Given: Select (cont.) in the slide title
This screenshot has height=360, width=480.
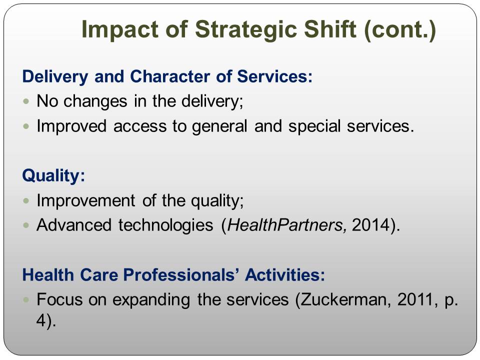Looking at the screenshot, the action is click(400, 30).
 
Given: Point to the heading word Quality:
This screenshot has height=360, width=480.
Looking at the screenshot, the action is click(53, 176).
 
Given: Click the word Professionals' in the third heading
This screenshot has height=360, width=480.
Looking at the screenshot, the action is click(181, 274).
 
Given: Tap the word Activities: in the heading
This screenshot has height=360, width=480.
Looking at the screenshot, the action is click(284, 274).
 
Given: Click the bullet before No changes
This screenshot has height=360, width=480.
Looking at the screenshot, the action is click(26, 101).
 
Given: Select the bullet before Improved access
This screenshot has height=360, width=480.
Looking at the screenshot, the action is click(26, 126).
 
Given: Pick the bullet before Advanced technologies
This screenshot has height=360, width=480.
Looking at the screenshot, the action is click(26, 225).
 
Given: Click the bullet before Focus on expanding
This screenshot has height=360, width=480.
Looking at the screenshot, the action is click(26, 299).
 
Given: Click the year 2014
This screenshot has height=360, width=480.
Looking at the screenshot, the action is click(370, 225).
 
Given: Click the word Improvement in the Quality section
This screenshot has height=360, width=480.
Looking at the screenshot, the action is click(85, 201).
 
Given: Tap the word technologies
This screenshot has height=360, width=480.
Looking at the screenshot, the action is click(165, 225).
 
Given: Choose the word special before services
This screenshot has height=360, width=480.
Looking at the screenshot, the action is click(314, 126).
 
